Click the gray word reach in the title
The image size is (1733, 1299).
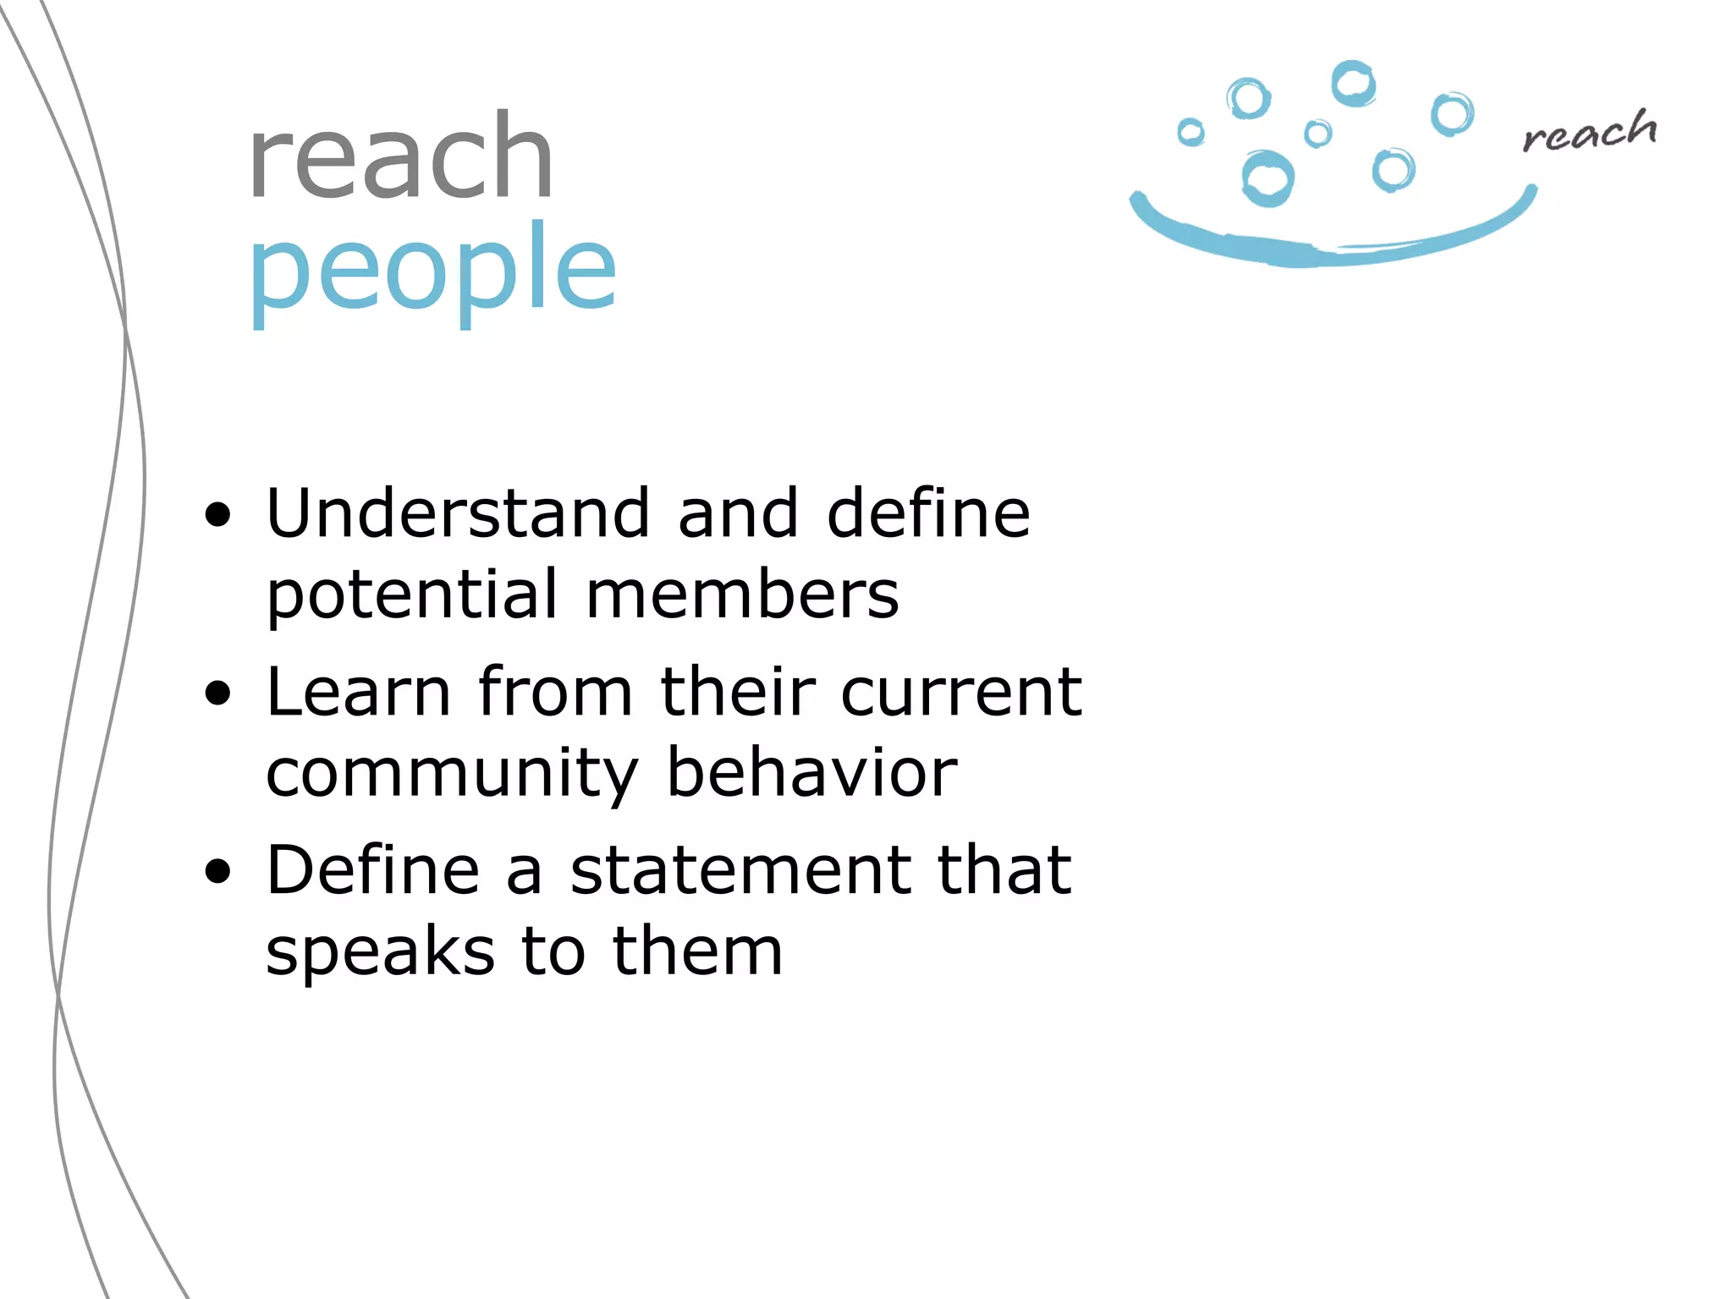click(400, 158)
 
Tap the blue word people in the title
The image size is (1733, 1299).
click(432, 268)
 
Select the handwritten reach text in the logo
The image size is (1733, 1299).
click(1589, 132)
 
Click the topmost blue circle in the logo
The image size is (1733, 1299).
click(1353, 84)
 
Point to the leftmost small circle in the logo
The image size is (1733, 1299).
click(1191, 132)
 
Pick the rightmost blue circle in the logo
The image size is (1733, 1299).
click(1452, 114)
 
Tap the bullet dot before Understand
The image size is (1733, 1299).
click(217, 514)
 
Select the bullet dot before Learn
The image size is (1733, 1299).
click(217, 693)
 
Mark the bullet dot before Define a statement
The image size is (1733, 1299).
click(217, 871)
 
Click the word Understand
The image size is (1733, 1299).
click(458, 513)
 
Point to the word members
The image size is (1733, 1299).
click(742, 595)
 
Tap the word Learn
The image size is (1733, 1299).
click(358, 692)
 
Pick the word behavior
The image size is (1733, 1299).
click(811, 772)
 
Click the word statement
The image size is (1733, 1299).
click(740, 870)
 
